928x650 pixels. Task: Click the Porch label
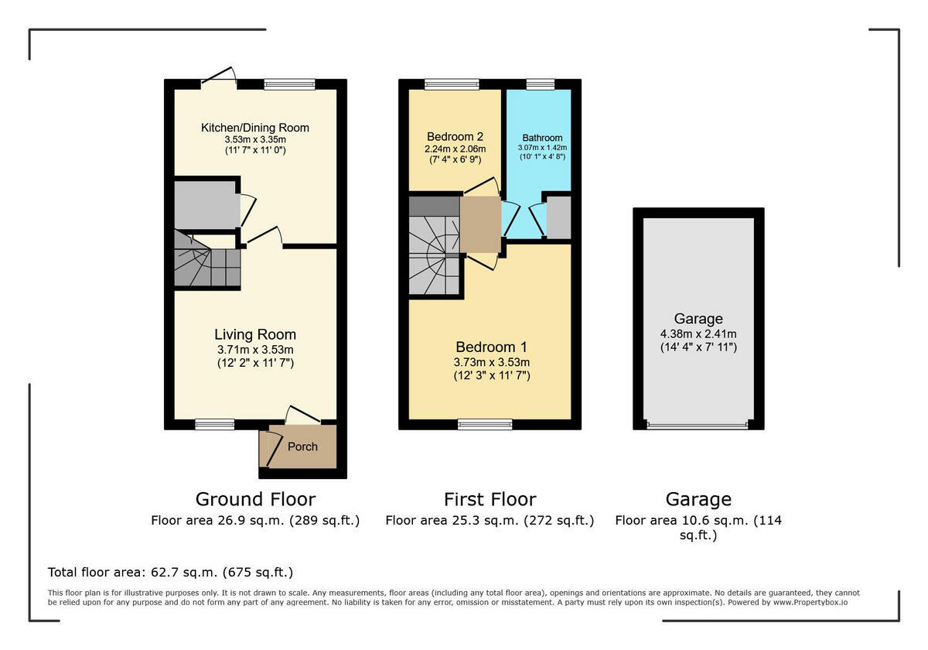tap(302, 446)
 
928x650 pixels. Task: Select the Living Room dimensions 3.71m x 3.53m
tap(255, 350)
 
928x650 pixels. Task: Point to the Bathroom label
tap(542, 138)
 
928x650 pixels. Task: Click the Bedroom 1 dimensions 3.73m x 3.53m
tap(492, 362)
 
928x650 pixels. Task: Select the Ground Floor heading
tap(255, 499)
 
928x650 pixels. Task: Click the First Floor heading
tap(490, 499)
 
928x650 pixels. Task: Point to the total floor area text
tap(171, 573)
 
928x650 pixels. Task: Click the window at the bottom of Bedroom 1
tap(485, 424)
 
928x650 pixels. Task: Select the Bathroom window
tap(541, 84)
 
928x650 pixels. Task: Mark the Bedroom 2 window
tap(451, 84)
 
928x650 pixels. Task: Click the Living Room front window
tap(214, 424)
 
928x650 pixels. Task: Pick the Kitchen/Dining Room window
tap(289, 84)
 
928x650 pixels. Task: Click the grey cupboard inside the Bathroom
tap(558, 217)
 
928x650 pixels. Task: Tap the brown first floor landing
tap(479, 224)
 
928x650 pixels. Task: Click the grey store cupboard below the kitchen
tap(205, 205)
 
